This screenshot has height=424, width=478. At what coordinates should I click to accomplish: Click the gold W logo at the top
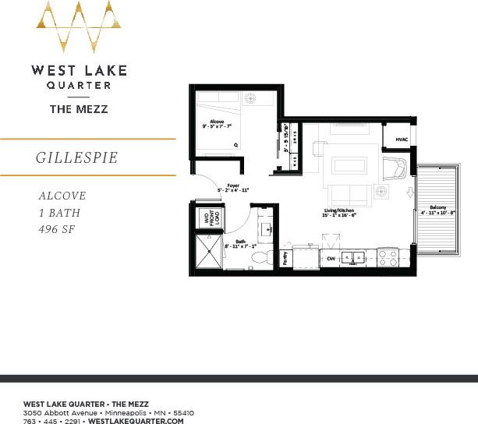[x=78, y=26]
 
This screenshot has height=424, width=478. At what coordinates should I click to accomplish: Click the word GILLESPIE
[x=76, y=157]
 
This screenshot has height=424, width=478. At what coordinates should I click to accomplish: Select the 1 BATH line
[x=59, y=213]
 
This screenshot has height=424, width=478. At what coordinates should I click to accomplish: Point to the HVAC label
[x=402, y=139]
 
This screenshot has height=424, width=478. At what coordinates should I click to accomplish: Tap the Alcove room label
[x=217, y=122]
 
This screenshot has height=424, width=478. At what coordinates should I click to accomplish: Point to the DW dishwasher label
[x=331, y=258]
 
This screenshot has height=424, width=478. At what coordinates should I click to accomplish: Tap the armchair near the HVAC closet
[x=395, y=167]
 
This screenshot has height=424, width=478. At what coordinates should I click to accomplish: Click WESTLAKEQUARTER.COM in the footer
[x=136, y=421]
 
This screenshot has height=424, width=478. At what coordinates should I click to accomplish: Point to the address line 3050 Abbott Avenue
[x=108, y=412]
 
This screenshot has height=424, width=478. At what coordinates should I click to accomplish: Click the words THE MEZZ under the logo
[x=79, y=110]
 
